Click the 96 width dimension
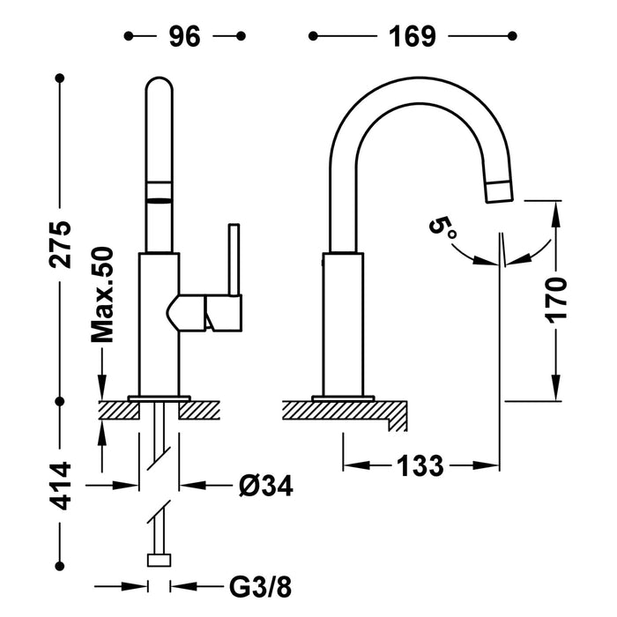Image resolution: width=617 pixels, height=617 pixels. pyautogui.click(x=185, y=36)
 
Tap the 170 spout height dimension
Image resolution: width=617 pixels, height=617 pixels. pyautogui.click(x=556, y=299)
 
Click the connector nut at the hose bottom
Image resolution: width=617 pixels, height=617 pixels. pyautogui.click(x=160, y=560)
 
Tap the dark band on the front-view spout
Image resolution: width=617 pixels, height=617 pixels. pyautogui.click(x=160, y=192)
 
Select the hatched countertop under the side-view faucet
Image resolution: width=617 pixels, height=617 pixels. pyautogui.click(x=344, y=411)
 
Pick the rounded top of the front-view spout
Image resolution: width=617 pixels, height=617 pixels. pyautogui.click(x=160, y=88)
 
